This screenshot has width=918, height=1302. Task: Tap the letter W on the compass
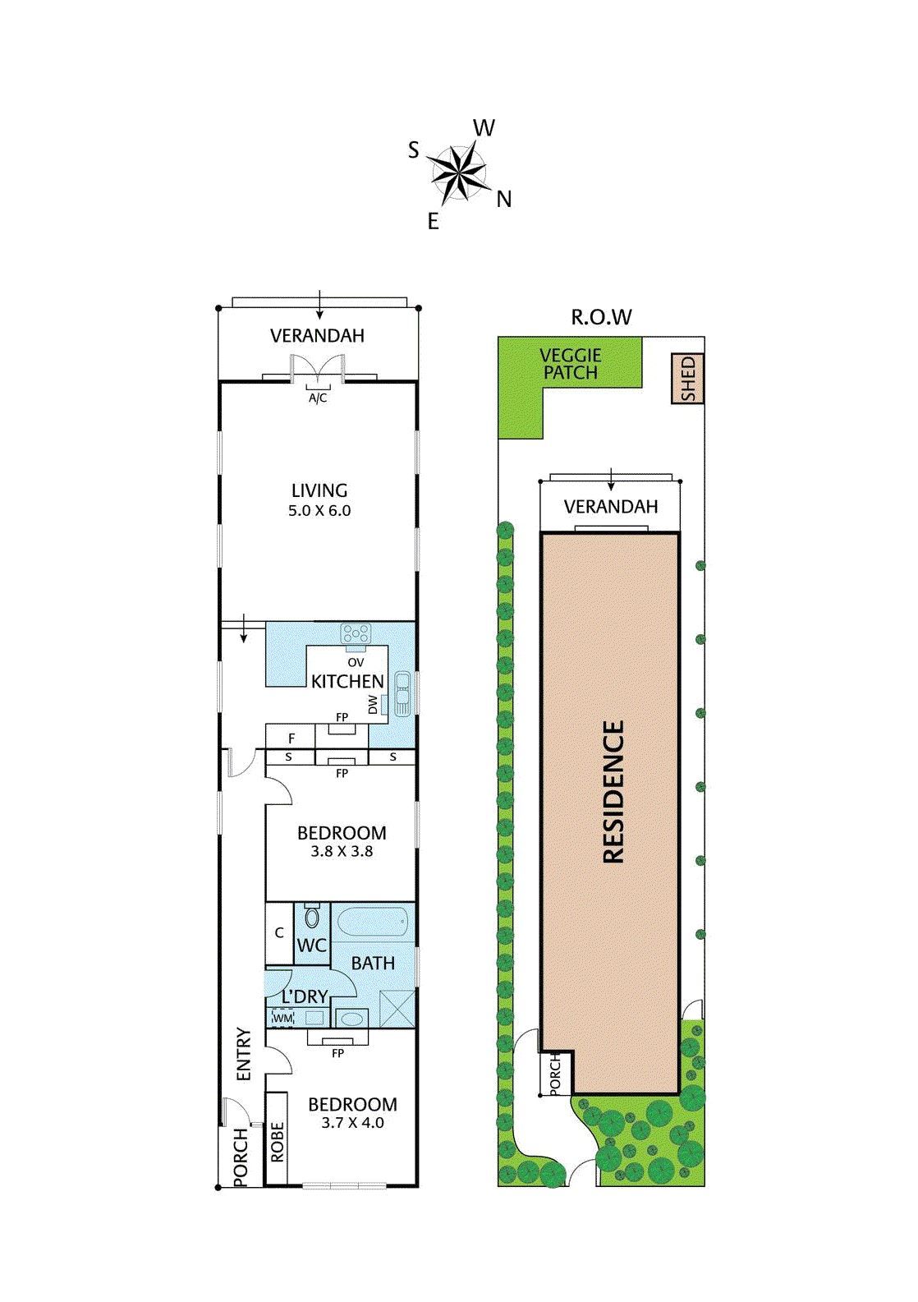(484, 128)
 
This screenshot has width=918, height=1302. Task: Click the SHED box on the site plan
(687, 378)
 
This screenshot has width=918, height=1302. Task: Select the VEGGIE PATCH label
(570, 364)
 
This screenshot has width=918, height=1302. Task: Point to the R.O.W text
(601, 317)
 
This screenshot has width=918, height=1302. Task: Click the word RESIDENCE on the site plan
(613, 791)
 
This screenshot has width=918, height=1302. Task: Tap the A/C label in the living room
(318, 398)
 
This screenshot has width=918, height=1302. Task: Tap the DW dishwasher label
(373, 705)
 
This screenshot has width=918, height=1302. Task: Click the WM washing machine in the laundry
(283, 1018)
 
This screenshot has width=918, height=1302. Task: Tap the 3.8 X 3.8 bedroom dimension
(342, 852)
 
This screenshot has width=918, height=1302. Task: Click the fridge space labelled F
(291, 738)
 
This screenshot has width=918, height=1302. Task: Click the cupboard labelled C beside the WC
(279, 933)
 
